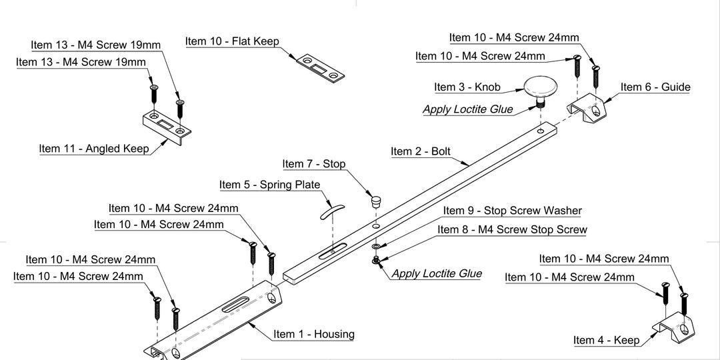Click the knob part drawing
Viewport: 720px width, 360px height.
pos(541,87)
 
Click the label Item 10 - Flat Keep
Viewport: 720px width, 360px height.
pos(232,41)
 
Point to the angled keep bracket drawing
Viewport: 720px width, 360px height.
pos(167,126)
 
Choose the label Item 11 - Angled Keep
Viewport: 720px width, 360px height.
pos(94,149)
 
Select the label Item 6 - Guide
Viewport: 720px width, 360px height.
pos(655,87)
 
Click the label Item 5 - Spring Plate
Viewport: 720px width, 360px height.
pos(269,185)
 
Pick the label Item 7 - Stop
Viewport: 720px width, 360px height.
pos(314,164)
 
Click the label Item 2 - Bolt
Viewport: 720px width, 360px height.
pos(421,151)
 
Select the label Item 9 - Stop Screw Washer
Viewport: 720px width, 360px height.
pos(512,211)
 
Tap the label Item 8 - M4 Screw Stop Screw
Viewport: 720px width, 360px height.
pos(512,229)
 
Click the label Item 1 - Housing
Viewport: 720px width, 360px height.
pos(313,334)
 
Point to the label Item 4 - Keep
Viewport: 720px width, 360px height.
pos(606,340)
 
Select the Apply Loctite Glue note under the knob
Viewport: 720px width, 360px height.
pos(468,109)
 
